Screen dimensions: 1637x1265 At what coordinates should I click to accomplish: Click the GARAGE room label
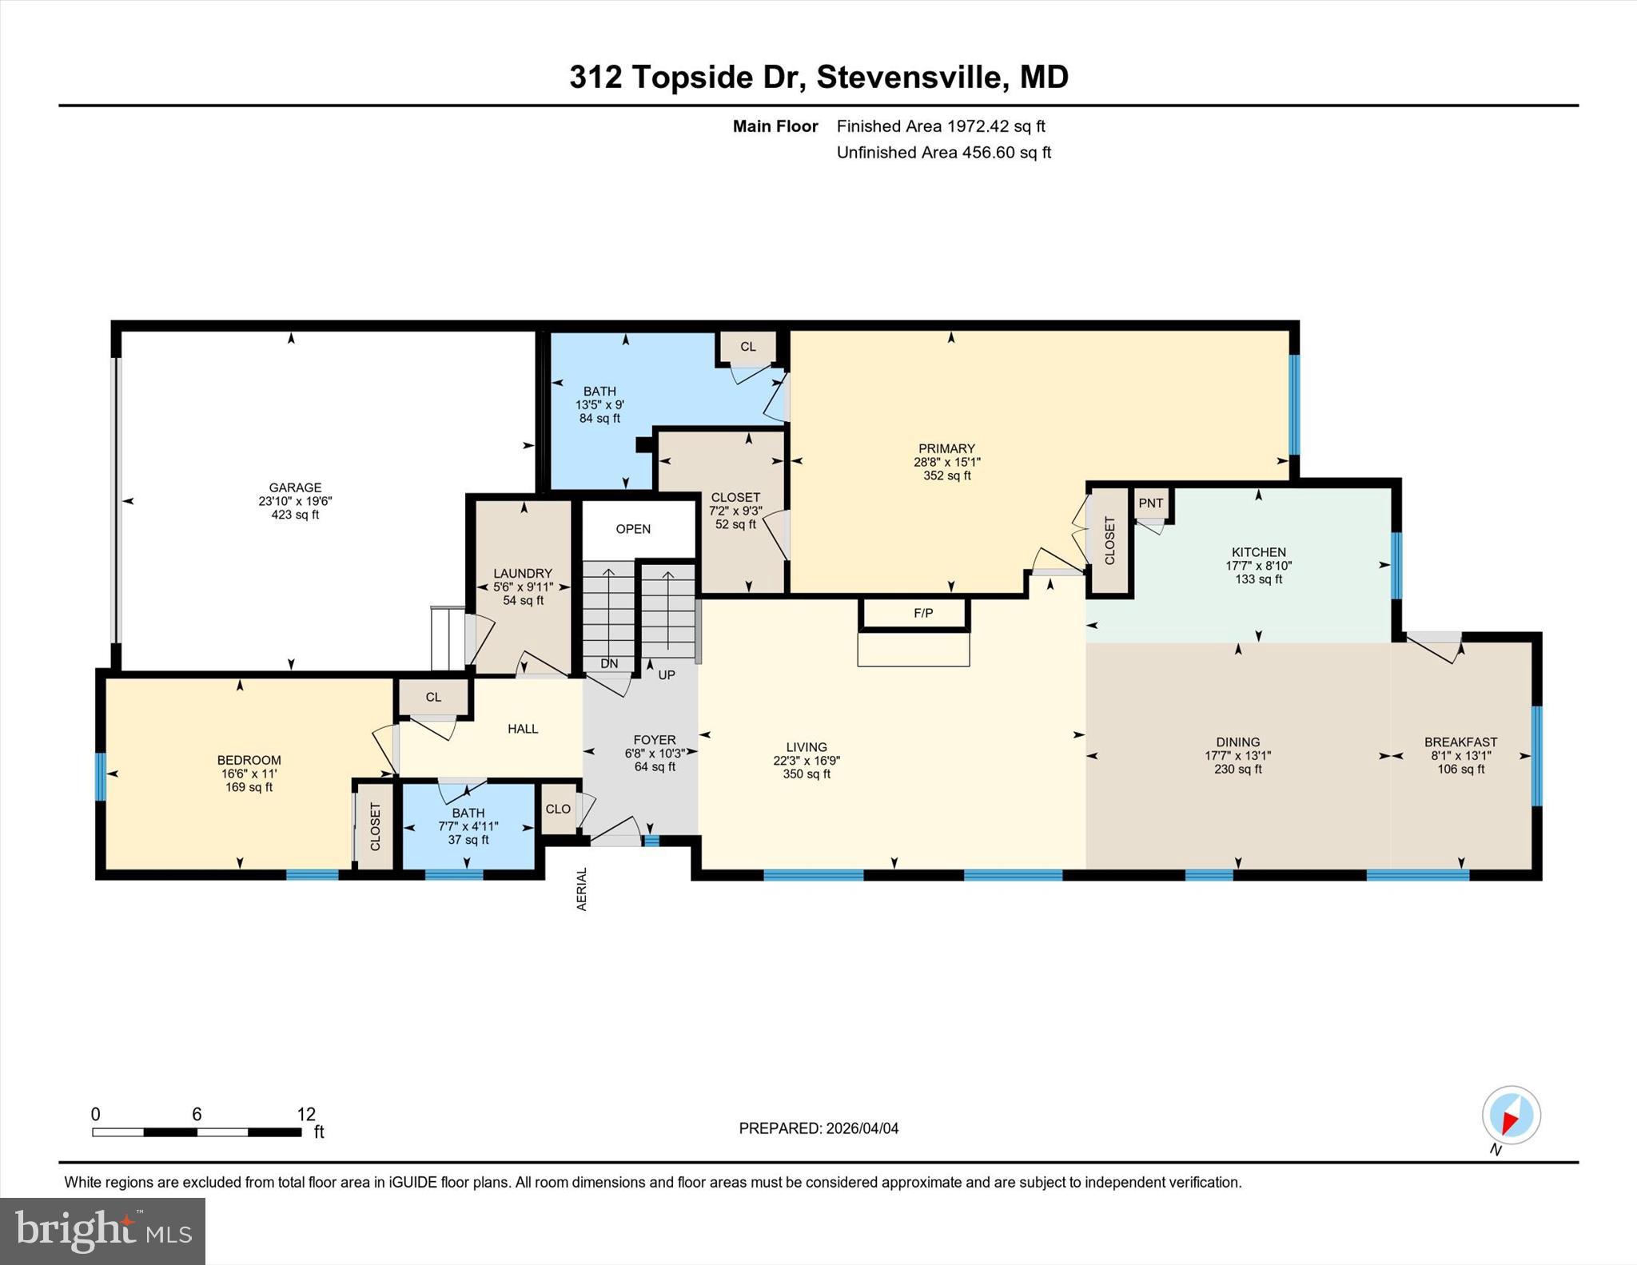tap(295, 487)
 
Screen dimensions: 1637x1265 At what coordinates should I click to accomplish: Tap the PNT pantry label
tap(1151, 503)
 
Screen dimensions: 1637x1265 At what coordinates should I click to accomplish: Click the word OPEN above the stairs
tap(633, 529)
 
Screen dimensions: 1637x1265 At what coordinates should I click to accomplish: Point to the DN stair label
tap(609, 663)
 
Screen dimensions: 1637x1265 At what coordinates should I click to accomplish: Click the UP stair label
tap(667, 674)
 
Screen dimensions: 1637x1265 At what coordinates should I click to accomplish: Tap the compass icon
tap(1512, 1115)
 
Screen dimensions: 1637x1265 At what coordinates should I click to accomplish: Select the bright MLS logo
tap(102, 1231)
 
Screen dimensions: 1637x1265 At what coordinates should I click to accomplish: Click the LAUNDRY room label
tap(523, 573)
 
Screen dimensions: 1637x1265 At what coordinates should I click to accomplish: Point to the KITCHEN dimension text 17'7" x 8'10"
tap(1259, 566)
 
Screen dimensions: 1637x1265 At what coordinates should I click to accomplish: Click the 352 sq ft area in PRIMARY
tap(947, 475)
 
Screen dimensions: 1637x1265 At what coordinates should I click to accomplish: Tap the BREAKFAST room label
tap(1461, 742)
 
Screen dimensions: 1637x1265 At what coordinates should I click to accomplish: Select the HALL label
tap(523, 729)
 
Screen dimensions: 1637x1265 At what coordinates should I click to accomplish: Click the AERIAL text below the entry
tap(582, 889)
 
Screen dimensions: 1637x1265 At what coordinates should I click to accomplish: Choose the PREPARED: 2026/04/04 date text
tap(818, 1128)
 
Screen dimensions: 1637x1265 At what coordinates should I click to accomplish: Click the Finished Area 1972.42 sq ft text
tap(941, 126)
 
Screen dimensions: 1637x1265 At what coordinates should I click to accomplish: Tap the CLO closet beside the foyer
tap(558, 809)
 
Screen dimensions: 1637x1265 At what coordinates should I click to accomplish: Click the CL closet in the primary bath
tap(748, 347)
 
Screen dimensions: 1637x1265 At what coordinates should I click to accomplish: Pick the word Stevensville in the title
tap(909, 78)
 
